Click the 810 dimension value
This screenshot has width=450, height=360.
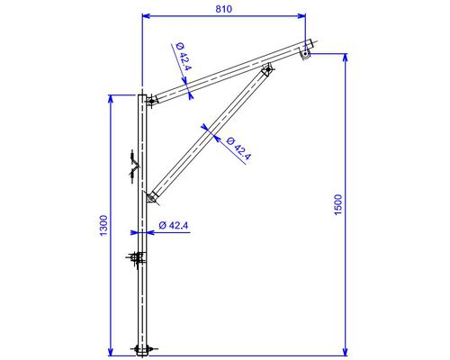224,9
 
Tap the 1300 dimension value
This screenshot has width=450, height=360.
103,226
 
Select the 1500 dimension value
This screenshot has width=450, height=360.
338,204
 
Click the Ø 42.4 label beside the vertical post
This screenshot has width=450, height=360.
174,225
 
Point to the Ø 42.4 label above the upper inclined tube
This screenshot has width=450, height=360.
184,57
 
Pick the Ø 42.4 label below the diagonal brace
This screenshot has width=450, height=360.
238,148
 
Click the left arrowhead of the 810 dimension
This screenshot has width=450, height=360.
146,16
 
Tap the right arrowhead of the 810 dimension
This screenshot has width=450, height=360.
302,16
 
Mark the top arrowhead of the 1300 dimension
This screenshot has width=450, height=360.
111,99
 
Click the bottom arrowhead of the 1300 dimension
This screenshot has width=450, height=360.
111,352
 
